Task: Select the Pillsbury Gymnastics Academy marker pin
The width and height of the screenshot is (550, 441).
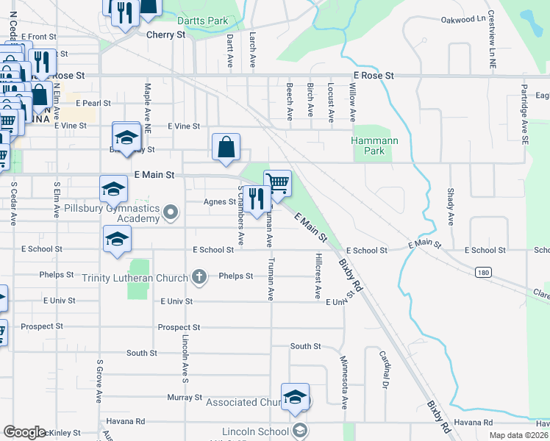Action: click(x=171, y=213)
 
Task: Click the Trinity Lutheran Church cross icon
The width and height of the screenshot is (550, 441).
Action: click(x=199, y=277)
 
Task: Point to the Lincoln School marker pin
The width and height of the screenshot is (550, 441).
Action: click(x=299, y=431)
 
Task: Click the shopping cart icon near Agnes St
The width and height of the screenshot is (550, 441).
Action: click(x=277, y=184)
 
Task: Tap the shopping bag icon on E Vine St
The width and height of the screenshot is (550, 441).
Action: click(x=226, y=147)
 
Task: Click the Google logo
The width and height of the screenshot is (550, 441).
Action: click(x=24, y=432)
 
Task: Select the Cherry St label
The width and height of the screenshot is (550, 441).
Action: click(x=165, y=35)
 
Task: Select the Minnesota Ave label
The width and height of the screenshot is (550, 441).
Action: click(x=343, y=381)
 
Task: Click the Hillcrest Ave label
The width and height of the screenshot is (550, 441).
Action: click(x=318, y=276)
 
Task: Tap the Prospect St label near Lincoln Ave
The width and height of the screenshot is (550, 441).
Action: click(x=179, y=327)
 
